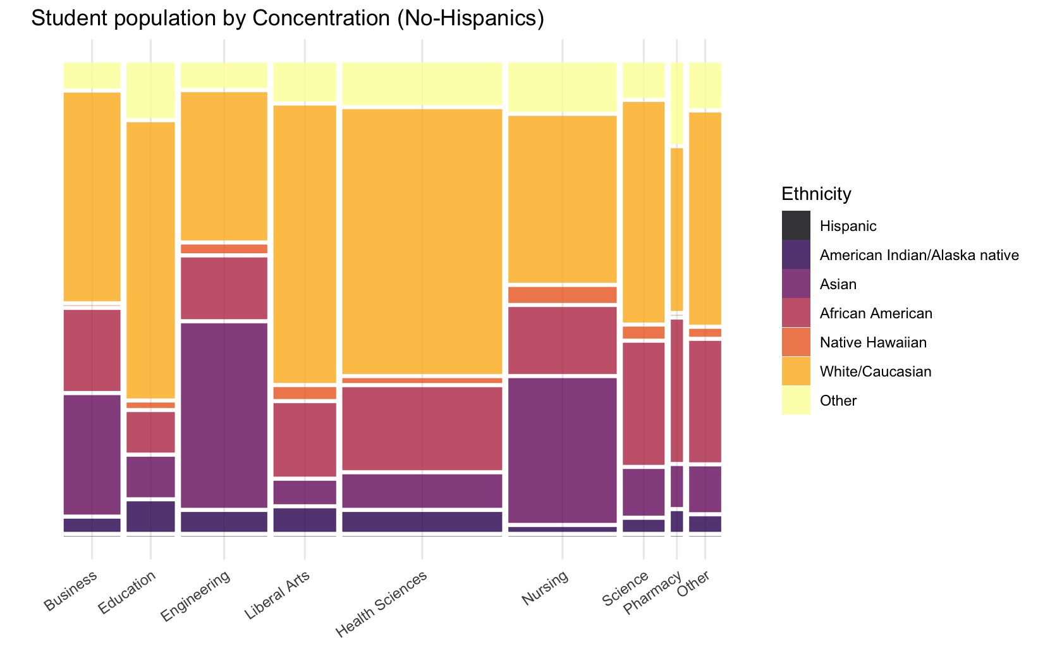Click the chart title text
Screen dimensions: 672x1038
(x=287, y=18)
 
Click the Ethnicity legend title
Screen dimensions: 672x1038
(x=816, y=194)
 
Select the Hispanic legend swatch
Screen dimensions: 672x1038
(x=796, y=226)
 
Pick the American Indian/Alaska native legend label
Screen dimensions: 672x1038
(x=919, y=255)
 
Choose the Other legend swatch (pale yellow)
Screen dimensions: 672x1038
(x=796, y=401)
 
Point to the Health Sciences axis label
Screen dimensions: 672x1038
(x=382, y=604)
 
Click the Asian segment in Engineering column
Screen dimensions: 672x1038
(x=224, y=415)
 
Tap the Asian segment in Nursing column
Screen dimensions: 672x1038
(x=562, y=450)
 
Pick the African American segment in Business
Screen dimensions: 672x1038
(x=92, y=350)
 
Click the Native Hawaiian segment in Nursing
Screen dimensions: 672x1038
(x=562, y=295)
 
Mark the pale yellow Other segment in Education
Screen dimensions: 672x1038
(x=150, y=90)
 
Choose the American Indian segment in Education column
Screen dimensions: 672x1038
(x=150, y=516)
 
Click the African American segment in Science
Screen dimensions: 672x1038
(x=644, y=403)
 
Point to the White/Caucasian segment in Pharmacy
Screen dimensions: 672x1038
(x=676, y=229)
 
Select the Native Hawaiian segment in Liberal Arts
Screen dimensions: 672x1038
(x=305, y=393)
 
